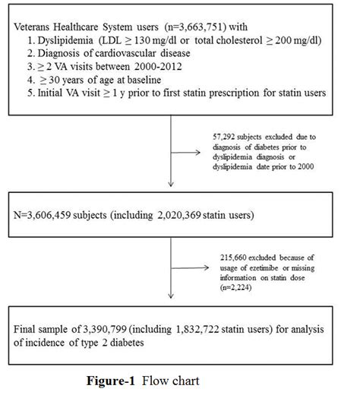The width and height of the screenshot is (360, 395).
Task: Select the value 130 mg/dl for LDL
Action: [157, 41]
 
